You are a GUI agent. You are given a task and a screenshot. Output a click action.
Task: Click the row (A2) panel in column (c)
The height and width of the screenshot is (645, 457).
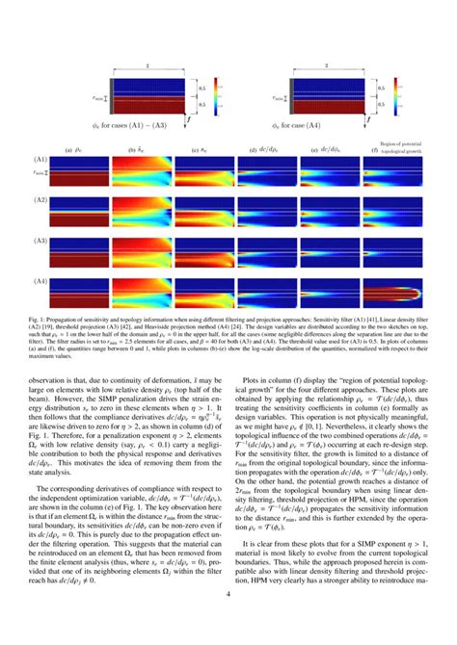(x=205, y=212)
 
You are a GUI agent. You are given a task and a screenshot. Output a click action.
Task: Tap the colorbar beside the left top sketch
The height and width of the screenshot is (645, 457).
(x=218, y=97)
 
